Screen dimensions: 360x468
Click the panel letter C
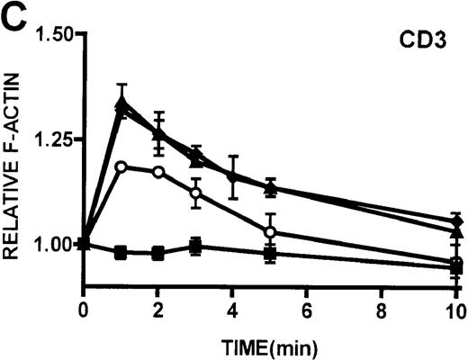pyautogui.click(x=13, y=15)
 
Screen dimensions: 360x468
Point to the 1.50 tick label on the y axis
pyautogui.click(x=53, y=34)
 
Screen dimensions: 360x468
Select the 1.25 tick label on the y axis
pyautogui.click(x=53, y=139)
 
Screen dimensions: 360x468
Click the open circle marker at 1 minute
pyautogui.click(x=121, y=166)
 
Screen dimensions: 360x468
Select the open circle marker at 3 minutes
pyautogui.click(x=195, y=193)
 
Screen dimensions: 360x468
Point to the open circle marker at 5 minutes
pyautogui.click(x=270, y=232)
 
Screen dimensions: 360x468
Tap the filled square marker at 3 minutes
pyautogui.click(x=195, y=246)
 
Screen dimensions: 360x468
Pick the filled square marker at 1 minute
pyautogui.click(x=121, y=253)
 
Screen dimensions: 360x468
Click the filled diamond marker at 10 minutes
pyautogui.click(x=456, y=222)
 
